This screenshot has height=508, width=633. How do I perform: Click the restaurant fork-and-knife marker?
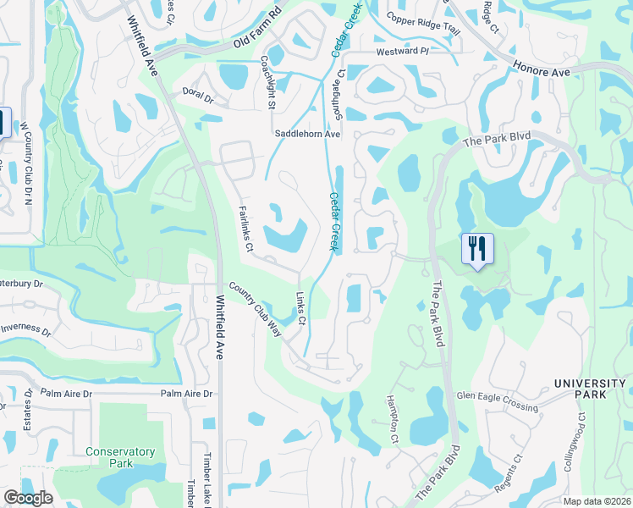[x=478, y=250]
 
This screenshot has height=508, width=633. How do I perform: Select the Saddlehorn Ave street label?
[x=306, y=134]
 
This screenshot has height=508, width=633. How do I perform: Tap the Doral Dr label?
[x=198, y=95]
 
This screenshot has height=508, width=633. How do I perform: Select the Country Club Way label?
[x=254, y=307]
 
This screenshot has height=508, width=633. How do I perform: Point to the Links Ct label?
[x=301, y=308]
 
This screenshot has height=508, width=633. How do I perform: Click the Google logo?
[x=28, y=498]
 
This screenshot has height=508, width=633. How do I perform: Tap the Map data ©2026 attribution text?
[x=597, y=501]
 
